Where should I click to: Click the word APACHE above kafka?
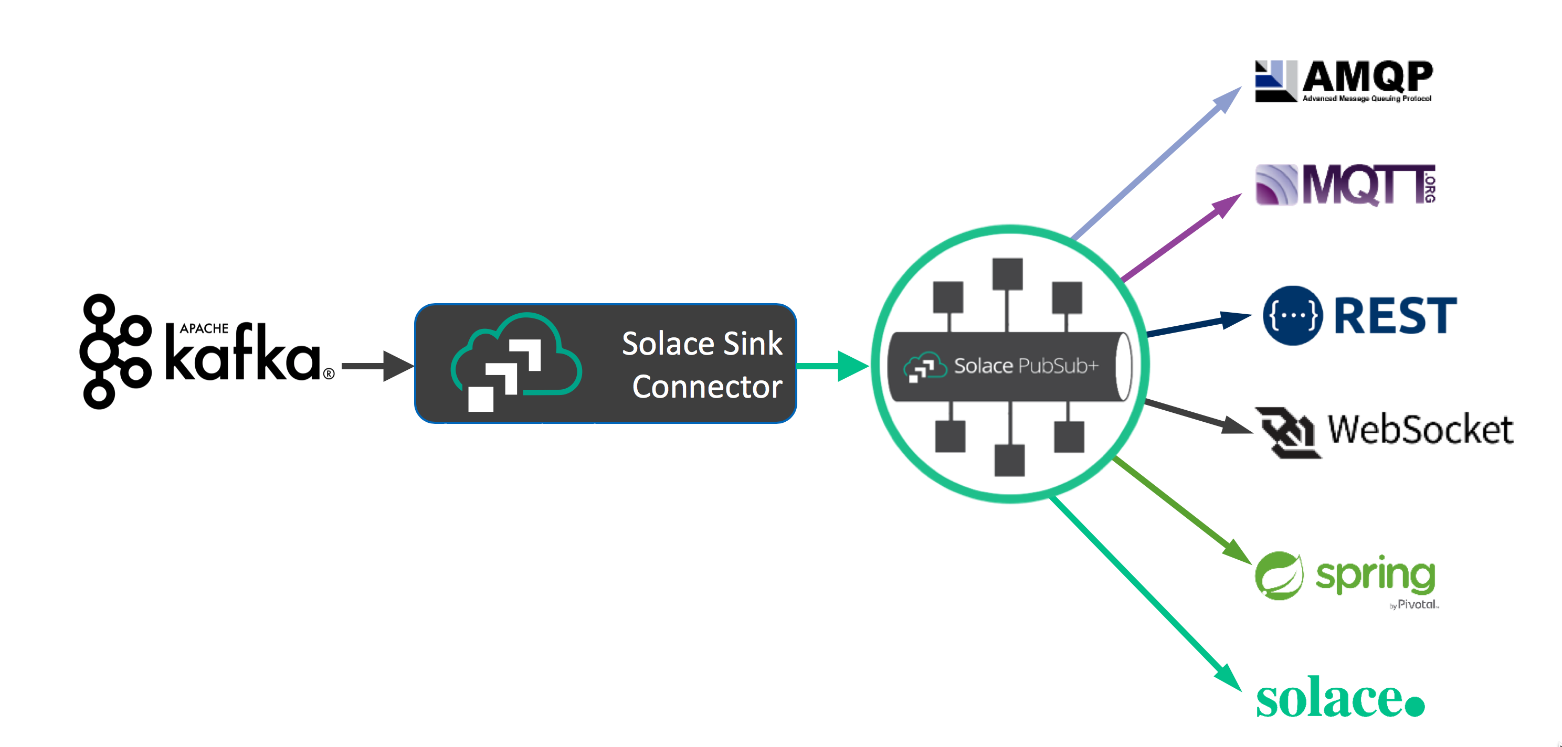pyautogui.click(x=204, y=328)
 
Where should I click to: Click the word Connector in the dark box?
pyautogui.click(x=707, y=387)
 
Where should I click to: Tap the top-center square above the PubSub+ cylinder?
pyautogui.click(x=1008, y=274)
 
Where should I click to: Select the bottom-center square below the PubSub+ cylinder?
pyautogui.click(x=1010, y=461)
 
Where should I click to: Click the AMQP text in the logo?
pyautogui.click(x=1367, y=77)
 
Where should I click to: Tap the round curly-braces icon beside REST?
pyautogui.click(x=1293, y=315)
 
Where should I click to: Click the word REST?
pyautogui.click(x=1395, y=315)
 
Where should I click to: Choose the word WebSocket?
pyautogui.click(x=1420, y=430)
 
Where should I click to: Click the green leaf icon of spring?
pyautogui.click(x=1279, y=575)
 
